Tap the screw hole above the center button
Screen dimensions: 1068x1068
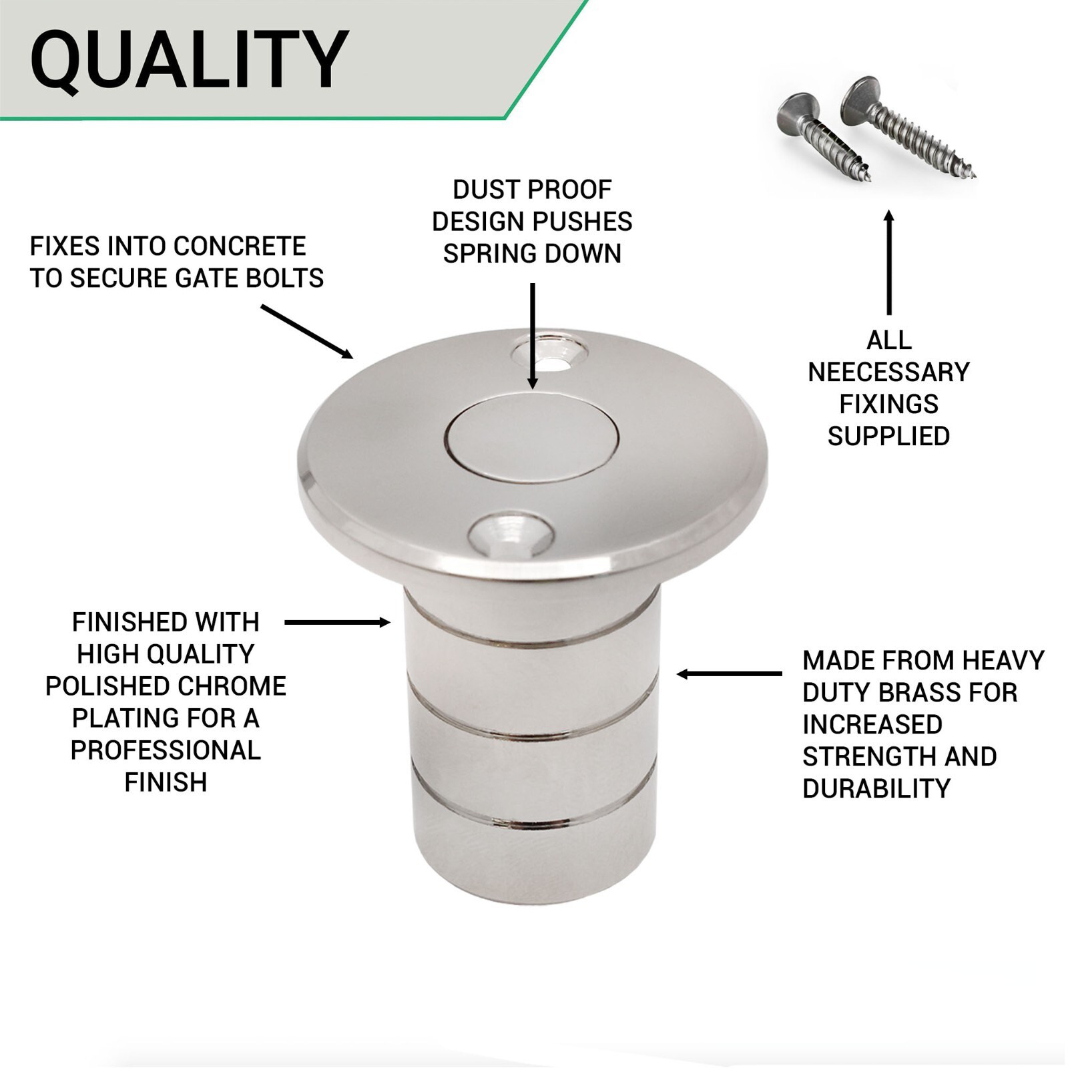click(550, 352)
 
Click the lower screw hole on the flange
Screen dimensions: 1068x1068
click(511, 535)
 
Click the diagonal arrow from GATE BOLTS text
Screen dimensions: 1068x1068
click(306, 332)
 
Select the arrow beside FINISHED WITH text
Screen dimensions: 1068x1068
click(337, 623)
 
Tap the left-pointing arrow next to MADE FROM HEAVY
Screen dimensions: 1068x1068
click(729, 674)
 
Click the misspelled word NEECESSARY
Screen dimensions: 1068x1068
click(888, 372)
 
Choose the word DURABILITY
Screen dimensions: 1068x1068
click(876, 789)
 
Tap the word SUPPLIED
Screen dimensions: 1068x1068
click(888, 437)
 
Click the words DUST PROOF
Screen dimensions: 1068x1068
click(532, 190)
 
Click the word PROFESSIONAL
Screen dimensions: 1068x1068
click(166, 750)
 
